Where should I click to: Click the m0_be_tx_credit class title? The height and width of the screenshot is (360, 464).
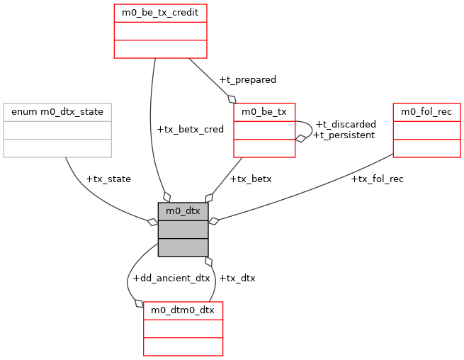click(161, 13)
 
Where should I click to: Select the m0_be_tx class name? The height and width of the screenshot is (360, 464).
click(264, 112)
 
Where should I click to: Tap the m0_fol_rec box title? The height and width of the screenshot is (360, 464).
click(427, 112)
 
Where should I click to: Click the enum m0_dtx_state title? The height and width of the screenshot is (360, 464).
click(57, 112)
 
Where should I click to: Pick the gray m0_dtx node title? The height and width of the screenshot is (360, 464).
click(183, 210)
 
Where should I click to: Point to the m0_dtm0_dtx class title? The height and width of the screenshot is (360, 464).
click(183, 310)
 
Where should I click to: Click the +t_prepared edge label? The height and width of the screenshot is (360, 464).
click(247, 79)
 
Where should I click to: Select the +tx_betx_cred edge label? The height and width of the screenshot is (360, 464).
click(190, 129)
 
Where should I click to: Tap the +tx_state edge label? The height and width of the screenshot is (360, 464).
click(108, 179)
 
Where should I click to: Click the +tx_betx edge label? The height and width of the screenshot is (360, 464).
click(251, 179)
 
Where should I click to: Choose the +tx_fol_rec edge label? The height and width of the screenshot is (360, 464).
click(377, 179)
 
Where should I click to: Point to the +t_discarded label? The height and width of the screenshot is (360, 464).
click(346, 124)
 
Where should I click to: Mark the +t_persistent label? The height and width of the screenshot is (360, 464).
click(344, 135)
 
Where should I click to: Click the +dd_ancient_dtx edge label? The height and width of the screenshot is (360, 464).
click(171, 278)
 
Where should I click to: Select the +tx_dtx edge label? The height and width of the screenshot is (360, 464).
click(237, 278)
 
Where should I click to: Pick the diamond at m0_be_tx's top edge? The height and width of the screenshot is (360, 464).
click(232, 99)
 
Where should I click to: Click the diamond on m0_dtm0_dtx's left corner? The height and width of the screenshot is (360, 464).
click(139, 306)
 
